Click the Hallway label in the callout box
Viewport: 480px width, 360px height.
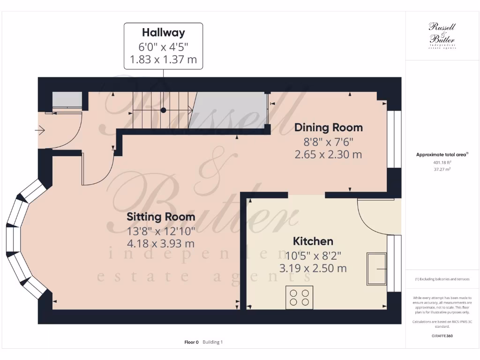(x=163, y=33)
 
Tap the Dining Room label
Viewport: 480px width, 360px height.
(x=328, y=127)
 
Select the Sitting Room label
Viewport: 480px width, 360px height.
(x=161, y=217)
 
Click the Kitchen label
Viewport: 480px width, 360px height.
(x=313, y=241)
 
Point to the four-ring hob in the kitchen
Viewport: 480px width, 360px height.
(x=299, y=297)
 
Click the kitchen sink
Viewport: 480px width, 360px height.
(x=376, y=269)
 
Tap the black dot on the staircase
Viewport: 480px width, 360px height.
(x=163, y=110)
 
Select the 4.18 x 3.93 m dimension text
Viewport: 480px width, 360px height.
(x=161, y=244)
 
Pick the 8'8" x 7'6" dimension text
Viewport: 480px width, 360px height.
(x=328, y=141)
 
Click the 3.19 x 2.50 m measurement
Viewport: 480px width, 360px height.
(x=313, y=269)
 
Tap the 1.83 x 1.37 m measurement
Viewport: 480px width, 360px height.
(x=163, y=60)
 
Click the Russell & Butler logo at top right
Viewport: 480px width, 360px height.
(x=442, y=35)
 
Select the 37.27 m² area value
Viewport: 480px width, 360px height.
(x=442, y=169)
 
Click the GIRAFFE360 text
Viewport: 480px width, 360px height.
(x=442, y=336)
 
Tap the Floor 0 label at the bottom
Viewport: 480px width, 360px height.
(x=191, y=342)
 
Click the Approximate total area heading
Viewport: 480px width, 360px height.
(x=442, y=154)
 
